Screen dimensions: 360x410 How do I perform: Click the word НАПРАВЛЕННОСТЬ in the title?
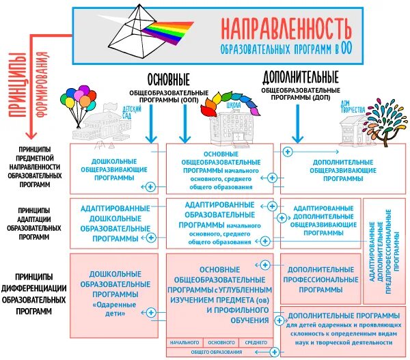coord(286,27)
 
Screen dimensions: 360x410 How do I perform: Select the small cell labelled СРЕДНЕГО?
coord(256,342)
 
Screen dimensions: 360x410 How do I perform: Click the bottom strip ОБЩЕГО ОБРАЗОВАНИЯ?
coord(217,352)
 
